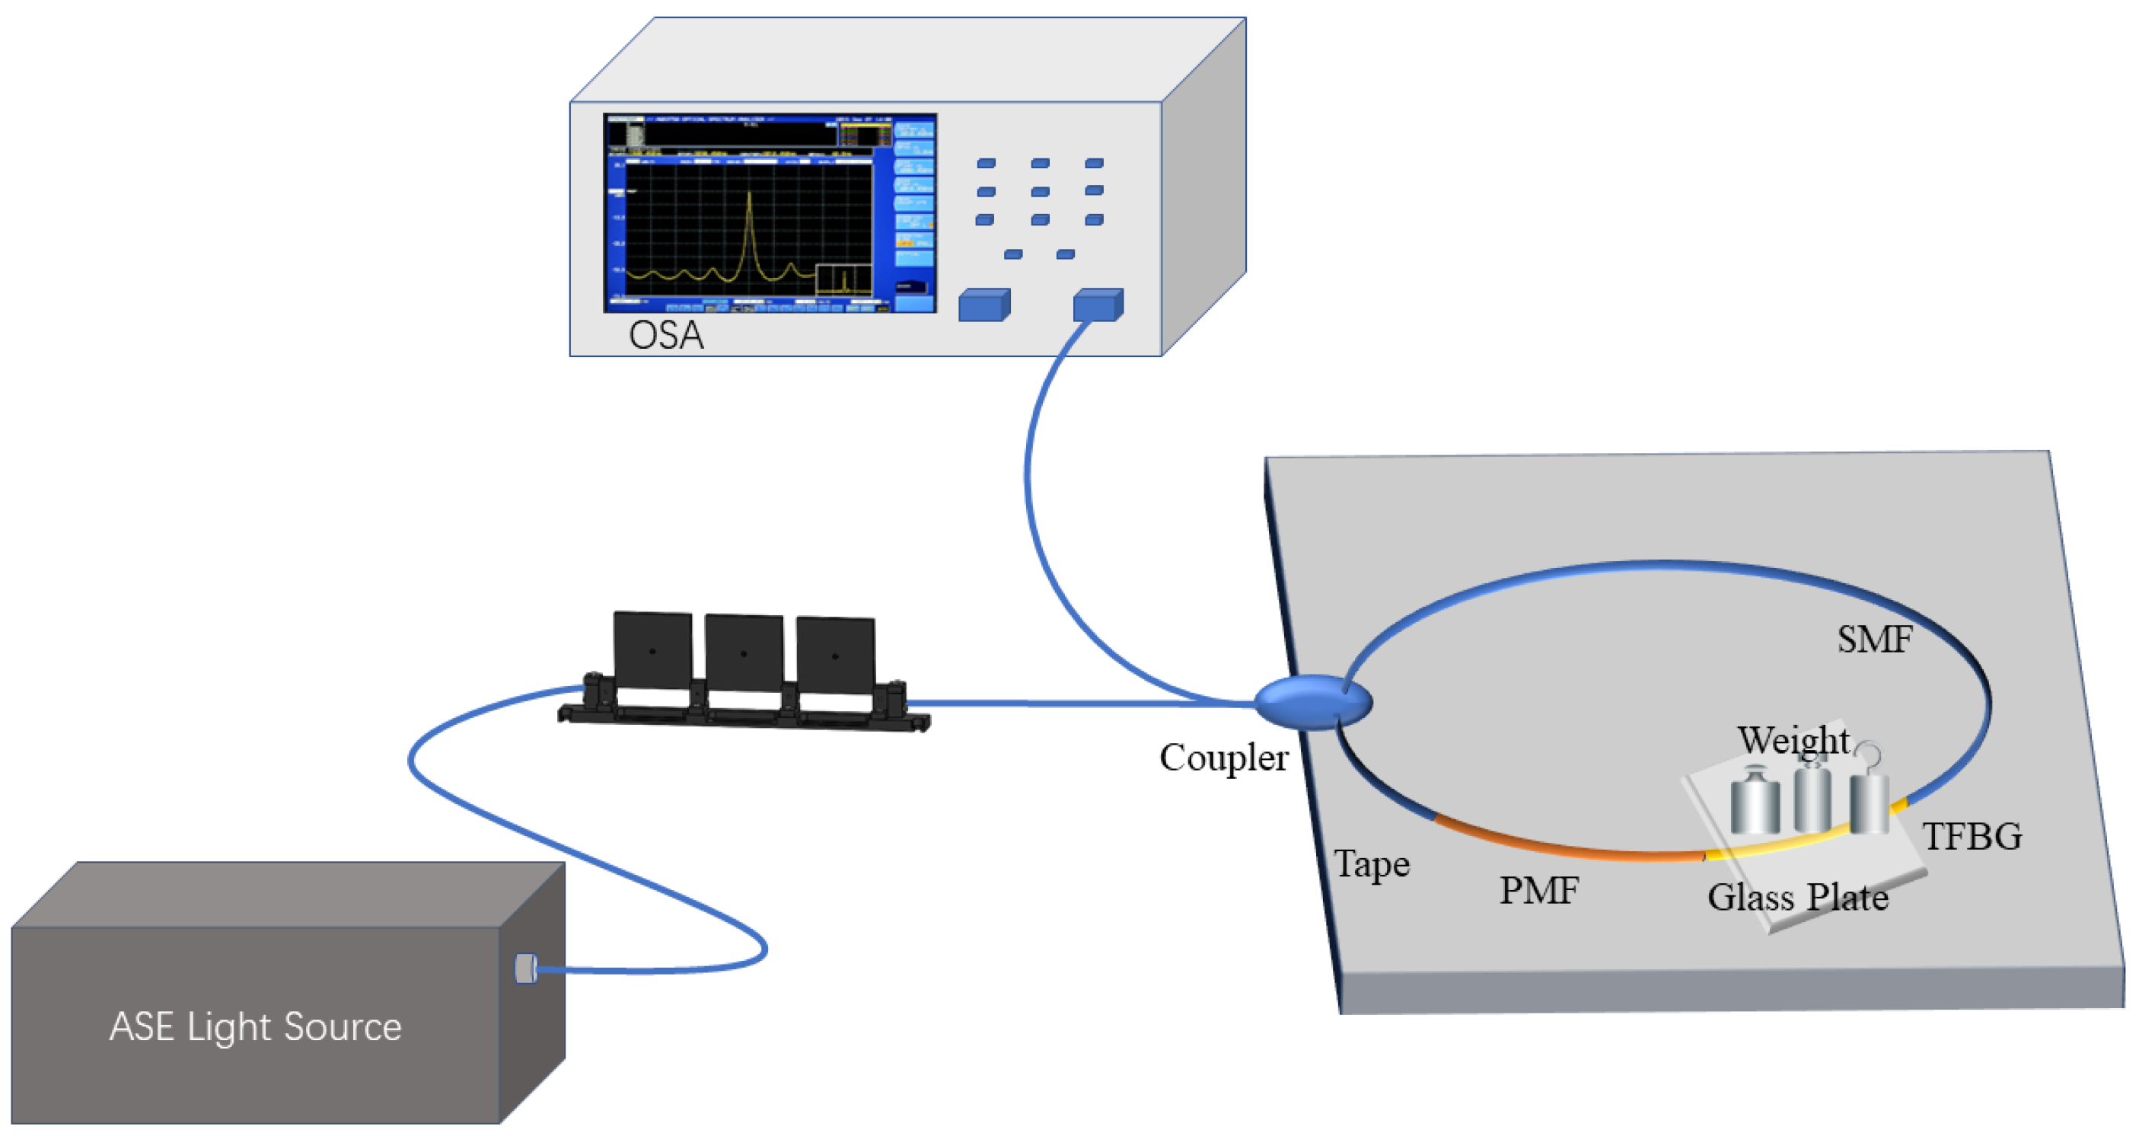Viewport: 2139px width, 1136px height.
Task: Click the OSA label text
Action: pos(666,336)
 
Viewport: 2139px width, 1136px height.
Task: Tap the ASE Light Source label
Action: pos(256,1026)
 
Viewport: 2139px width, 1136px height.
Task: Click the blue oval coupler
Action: pos(1312,702)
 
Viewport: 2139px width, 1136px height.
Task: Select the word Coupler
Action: pos(1223,758)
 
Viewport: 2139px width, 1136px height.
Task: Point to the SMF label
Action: pos(1874,640)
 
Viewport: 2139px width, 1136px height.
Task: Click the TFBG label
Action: pos(1972,836)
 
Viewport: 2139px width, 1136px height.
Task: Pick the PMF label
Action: pos(1538,891)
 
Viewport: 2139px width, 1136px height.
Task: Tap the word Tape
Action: pos(1371,864)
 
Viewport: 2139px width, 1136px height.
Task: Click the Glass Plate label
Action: pos(1798,898)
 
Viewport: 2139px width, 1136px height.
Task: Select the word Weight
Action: pos(1793,739)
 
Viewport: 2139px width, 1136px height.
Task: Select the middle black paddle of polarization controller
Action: pos(744,654)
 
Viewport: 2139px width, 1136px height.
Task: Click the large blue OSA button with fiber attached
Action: pos(1098,305)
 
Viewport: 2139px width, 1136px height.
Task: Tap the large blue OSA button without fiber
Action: pos(984,305)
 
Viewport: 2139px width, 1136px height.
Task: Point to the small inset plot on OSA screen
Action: pos(843,279)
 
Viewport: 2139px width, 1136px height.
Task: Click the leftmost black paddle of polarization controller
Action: pos(652,651)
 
